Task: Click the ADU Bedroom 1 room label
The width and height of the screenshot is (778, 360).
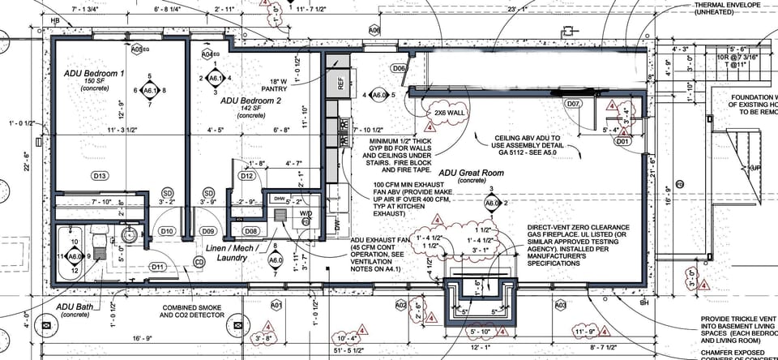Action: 94,74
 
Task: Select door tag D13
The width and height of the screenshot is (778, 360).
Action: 100,176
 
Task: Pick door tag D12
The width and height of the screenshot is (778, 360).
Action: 248,176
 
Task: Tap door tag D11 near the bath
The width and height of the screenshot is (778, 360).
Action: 157,267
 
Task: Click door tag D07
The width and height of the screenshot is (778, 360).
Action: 573,104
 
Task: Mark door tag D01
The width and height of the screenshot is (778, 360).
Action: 622,141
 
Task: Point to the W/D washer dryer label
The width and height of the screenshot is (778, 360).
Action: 306,214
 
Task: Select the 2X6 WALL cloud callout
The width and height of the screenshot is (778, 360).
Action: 446,112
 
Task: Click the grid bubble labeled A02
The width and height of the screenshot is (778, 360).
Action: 400,305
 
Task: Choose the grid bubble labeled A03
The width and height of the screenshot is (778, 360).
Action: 560,305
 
